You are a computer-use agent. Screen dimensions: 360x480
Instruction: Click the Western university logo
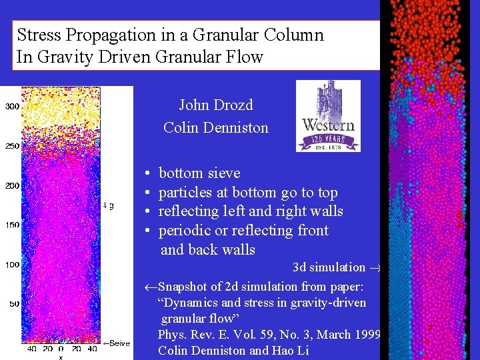point(328,116)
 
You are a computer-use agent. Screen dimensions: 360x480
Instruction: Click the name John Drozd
point(215,105)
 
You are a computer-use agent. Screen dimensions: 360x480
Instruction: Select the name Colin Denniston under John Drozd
point(215,127)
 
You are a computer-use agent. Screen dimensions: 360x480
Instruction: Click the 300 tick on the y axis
point(12,107)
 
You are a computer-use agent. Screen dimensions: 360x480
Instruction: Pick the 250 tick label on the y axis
point(12,146)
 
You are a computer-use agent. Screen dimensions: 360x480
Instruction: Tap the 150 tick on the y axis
point(12,225)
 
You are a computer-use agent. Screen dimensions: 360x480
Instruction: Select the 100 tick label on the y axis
point(12,265)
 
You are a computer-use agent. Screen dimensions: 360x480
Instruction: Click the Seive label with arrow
point(116,343)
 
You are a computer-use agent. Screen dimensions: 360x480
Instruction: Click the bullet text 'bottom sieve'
point(199,173)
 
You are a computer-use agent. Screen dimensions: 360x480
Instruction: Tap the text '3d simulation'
point(329,267)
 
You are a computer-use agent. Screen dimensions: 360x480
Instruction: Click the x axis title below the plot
point(60,357)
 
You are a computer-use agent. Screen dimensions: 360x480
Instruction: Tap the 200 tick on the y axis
point(12,185)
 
